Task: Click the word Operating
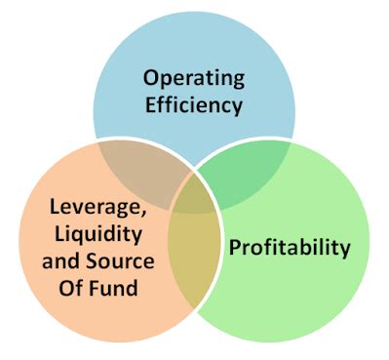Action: click(195, 77)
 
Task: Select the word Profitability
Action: click(290, 247)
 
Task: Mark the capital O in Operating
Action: click(150, 76)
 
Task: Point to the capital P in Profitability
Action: click(235, 246)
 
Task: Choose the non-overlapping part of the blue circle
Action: click(195, 44)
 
